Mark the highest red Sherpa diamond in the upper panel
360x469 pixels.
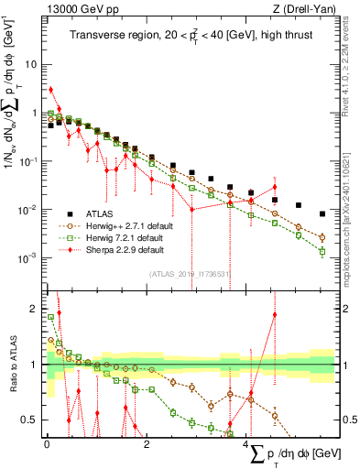51,90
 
